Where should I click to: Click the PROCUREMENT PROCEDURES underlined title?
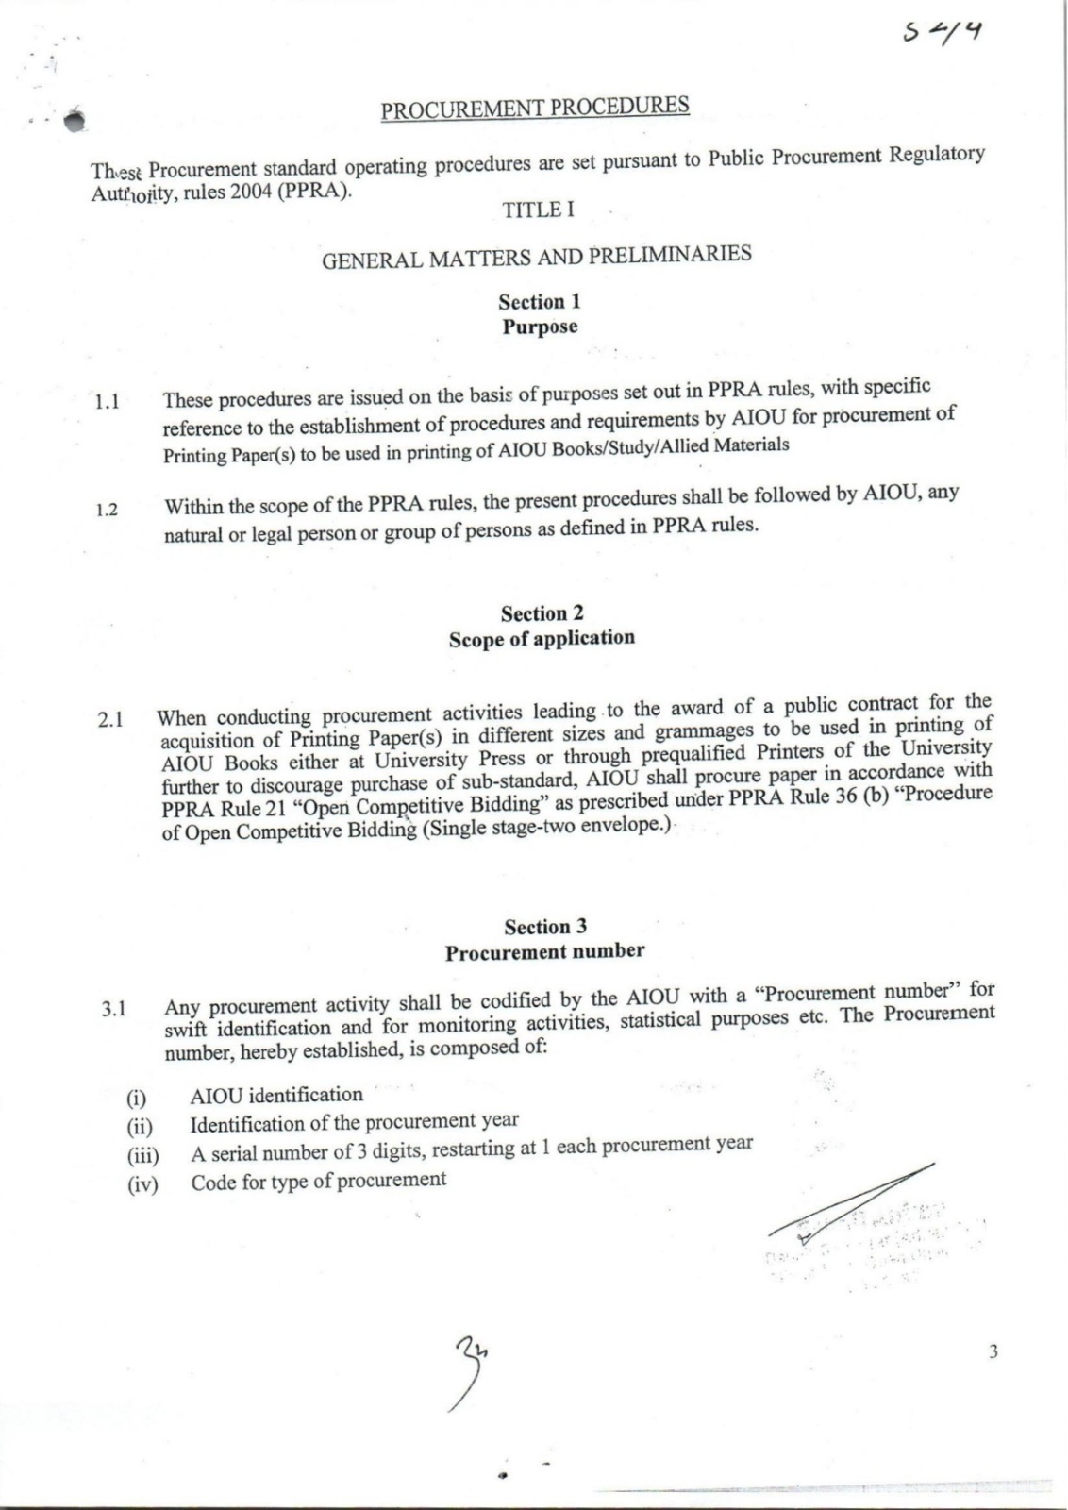pyautogui.click(x=535, y=108)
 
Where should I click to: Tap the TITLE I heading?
pyautogui.click(x=538, y=210)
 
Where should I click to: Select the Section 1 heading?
pyautogui.click(x=540, y=302)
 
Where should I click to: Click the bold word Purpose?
pyautogui.click(x=540, y=327)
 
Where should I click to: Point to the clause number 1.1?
pyautogui.click(x=107, y=402)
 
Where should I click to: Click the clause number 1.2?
pyautogui.click(x=107, y=511)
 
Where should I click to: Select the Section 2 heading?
pyautogui.click(x=542, y=613)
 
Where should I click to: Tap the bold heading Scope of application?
pyautogui.click(x=542, y=638)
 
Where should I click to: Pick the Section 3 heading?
pyautogui.click(x=544, y=927)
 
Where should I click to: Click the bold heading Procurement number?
pyautogui.click(x=544, y=951)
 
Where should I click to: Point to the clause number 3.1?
pyautogui.click(x=114, y=1009)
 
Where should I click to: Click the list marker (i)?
pyautogui.click(x=138, y=1099)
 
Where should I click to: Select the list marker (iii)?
pyautogui.click(x=142, y=1155)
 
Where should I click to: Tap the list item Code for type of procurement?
pyautogui.click(x=319, y=1181)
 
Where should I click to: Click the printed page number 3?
pyautogui.click(x=993, y=1351)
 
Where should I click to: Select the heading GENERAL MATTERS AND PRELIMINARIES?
pyautogui.click(x=536, y=256)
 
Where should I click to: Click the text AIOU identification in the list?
pyautogui.click(x=276, y=1095)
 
